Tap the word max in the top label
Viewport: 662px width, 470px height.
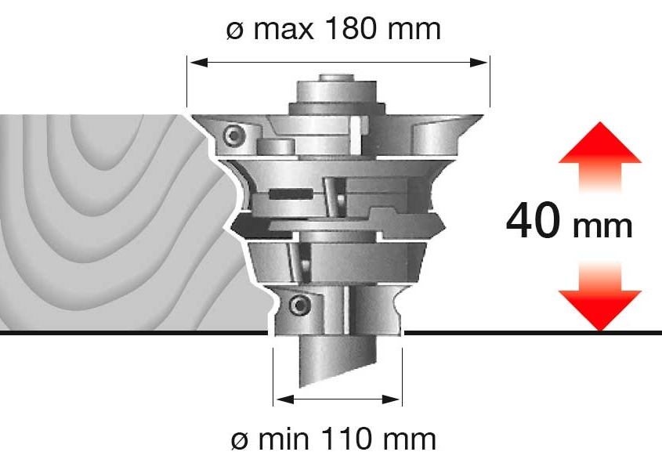[284, 30]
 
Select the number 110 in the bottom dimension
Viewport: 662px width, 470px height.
[346, 439]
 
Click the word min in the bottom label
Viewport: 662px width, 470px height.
[284, 439]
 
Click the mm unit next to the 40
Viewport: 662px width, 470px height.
[602, 227]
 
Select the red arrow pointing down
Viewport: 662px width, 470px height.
[600, 295]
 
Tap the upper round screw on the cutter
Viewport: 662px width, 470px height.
[233, 136]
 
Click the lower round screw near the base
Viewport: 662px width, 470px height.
[299, 305]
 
